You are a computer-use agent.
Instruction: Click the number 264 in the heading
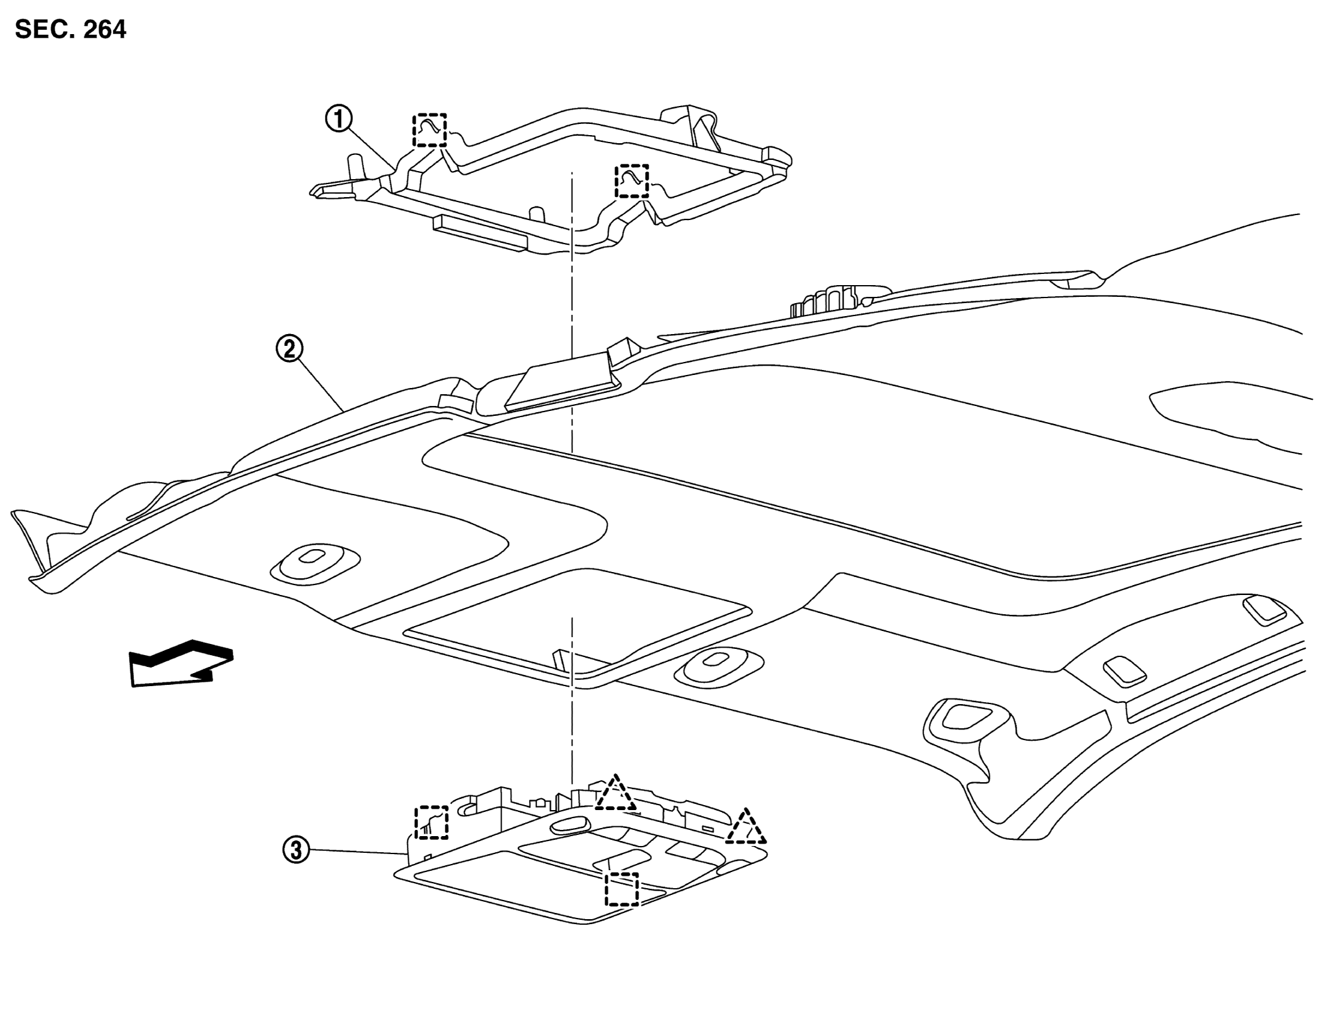(x=104, y=29)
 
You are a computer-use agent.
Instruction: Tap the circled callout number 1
(x=339, y=119)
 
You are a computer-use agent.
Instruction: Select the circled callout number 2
(x=289, y=349)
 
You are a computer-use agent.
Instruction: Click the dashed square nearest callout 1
(x=430, y=130)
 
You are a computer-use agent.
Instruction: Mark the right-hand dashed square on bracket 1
(x=631, y=181)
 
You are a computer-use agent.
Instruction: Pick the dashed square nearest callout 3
(x=431, y=822)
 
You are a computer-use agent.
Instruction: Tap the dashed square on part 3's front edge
(x=621, y=889)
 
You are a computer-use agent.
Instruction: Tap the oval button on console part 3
(x=571, y=823)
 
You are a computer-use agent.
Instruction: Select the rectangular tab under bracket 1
(x=479, y=234)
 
